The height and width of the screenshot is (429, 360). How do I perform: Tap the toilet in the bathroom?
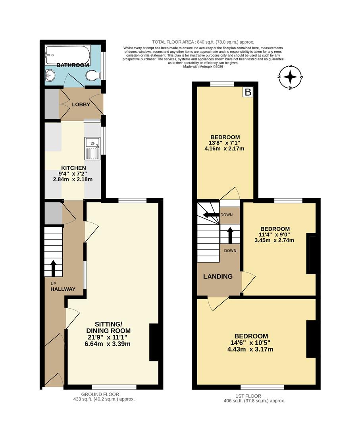(92, 75)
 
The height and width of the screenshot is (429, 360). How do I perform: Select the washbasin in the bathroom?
(50, 74)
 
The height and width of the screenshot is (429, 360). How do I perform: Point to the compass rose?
(291, 77)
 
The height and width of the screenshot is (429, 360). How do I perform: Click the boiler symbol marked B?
(248, 93)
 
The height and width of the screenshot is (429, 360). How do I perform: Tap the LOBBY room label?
(81, 104)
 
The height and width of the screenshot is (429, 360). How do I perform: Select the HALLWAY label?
(63, 289)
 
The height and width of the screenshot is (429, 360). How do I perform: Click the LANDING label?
(218, 276)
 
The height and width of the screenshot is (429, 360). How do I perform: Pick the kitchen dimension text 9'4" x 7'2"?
(73, 174)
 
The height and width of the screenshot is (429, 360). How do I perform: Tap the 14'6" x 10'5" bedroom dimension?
(251, 343)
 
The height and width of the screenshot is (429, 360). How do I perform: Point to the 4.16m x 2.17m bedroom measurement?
(225, 149)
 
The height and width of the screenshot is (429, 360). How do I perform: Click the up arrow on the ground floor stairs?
(53, 268)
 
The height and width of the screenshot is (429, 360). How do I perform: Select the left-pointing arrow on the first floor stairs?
(209, 215)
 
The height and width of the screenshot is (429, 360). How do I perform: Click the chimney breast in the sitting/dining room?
(154, 342)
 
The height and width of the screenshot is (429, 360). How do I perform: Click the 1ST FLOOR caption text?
(254, 396)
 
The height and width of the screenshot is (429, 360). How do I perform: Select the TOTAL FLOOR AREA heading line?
(203, 42)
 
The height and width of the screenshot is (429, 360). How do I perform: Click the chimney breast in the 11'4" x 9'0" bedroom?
(311, 254)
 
